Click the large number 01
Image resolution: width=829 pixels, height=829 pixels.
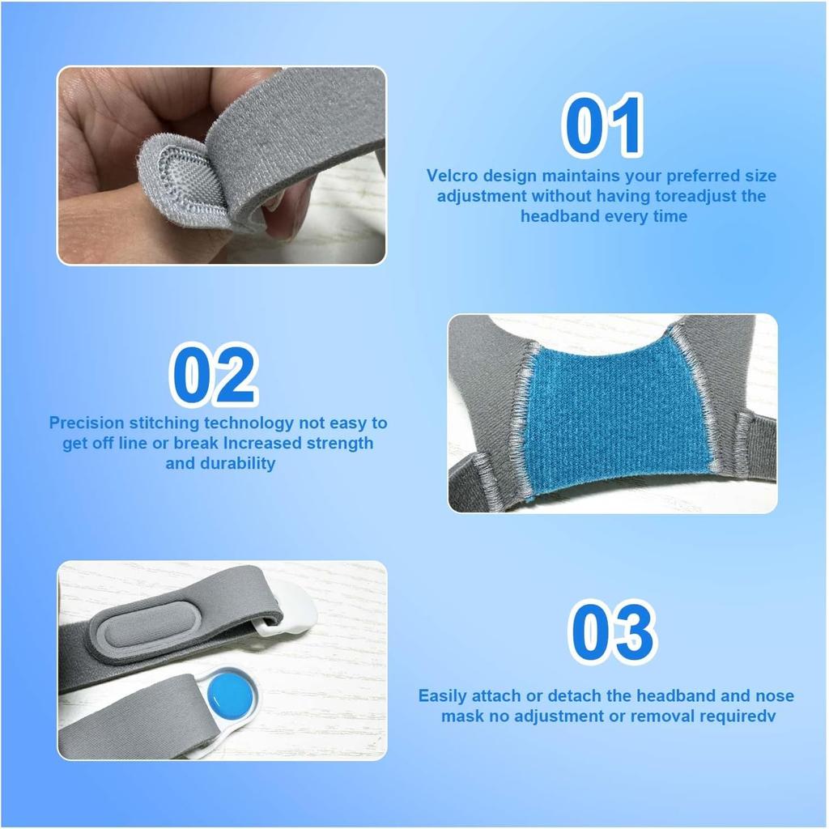coord(603,125)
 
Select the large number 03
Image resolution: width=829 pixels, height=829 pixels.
coord(611,632)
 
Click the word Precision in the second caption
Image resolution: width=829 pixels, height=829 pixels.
coord(87,423)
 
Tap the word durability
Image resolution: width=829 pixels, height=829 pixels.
coord(239,463)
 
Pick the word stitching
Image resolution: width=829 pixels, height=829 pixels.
coord(163,423)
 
